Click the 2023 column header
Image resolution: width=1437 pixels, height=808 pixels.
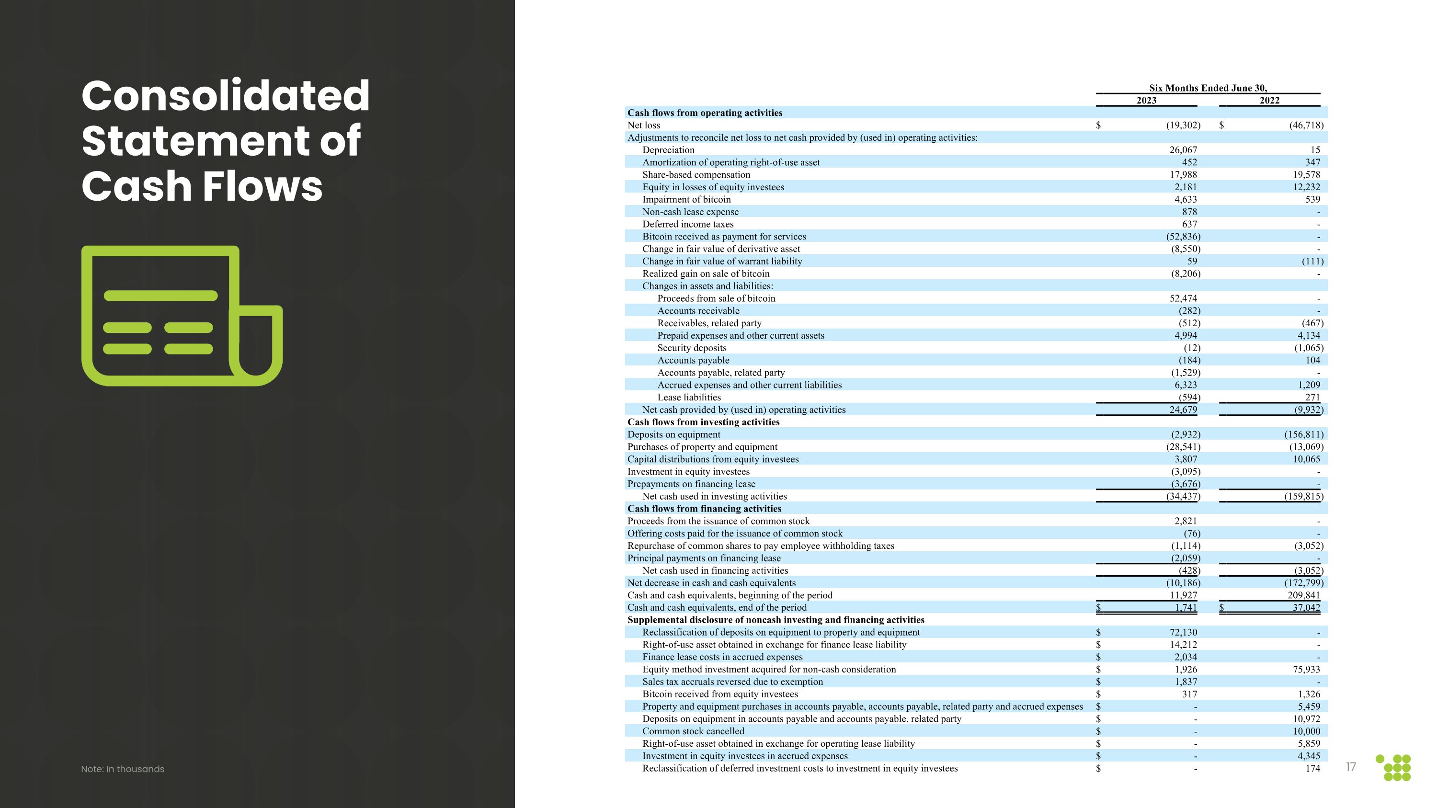[x=1146, y=101]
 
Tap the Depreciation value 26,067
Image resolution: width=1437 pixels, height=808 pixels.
[x=1183, y=150]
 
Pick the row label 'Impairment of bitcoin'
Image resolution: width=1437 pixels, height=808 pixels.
[x=686, y=200]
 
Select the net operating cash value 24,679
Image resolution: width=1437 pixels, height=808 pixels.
[x=1183, y=410]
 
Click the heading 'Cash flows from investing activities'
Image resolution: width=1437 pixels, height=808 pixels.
[x=704, y=422]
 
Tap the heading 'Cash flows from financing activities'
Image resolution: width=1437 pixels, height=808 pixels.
[x=704, y=509]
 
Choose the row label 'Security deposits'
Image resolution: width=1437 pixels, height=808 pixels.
[x=692, y=348]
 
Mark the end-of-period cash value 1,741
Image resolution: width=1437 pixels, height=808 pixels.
[x=1186, y=608]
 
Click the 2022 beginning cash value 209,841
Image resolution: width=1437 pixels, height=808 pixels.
[x=1304, y=595]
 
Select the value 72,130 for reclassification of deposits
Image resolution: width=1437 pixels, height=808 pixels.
[x=1183, y=632]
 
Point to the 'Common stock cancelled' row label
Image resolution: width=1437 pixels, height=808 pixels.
[x=693, y=731]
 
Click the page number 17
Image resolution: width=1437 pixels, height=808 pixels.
[x=1350, y=767]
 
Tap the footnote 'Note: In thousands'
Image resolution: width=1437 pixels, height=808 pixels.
[x=123, y=769]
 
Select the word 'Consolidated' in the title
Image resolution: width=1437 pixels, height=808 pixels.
[x=225, y=96]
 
